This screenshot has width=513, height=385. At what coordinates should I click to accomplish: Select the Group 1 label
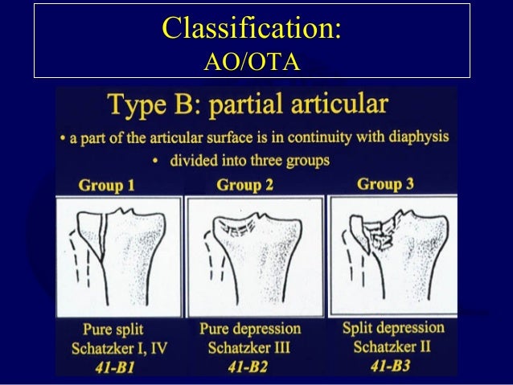tap(106, 186)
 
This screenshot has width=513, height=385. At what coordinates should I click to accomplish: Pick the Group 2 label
tap(245, 185)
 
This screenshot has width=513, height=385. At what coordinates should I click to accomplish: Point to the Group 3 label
tap(386, 184)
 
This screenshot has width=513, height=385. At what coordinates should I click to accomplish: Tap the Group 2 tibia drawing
tap(253, 256)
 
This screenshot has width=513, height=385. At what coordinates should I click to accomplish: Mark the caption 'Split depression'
tap(393, 328)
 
